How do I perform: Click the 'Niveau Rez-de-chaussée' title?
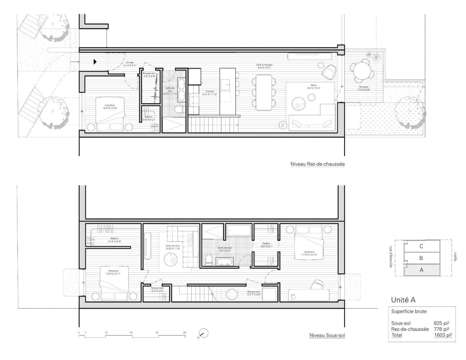317,164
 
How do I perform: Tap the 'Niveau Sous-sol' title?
327,335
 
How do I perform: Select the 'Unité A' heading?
403,300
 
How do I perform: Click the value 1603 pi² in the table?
443,335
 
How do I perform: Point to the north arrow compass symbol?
203,333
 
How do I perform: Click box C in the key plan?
421,246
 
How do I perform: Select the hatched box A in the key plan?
421,270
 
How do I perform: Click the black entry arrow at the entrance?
96,62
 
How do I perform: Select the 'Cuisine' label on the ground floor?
210,93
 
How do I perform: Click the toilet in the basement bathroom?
209,260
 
